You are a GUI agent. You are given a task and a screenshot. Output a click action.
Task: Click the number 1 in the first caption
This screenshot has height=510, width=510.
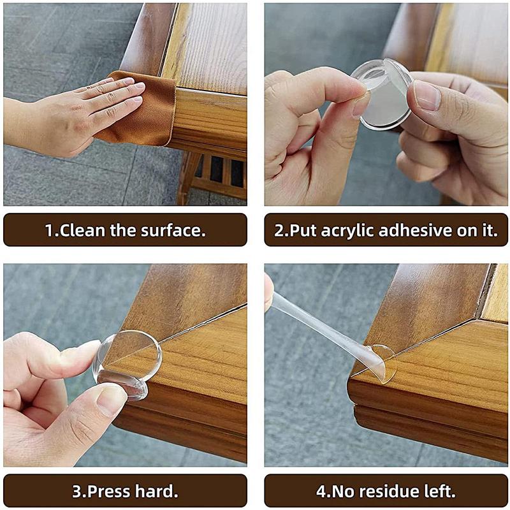click(48, 230)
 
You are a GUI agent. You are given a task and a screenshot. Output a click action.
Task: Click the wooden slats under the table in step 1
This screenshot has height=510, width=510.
click(217, 172)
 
